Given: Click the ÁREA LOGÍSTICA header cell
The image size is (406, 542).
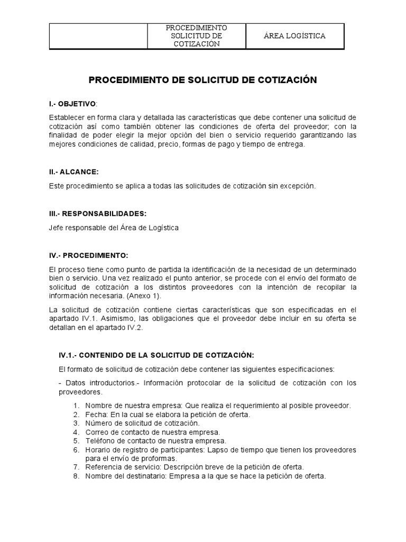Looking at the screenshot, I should click(x=294, y=36).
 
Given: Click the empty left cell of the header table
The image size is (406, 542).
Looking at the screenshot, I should click(x=98, y=36).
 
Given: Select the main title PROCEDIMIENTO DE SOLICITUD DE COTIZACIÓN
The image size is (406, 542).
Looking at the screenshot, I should click(x=202, y=80).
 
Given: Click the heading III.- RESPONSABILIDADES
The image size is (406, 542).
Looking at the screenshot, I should click(x=98, y=213).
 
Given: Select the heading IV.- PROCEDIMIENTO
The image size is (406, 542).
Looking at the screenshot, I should click(x=89, y=255).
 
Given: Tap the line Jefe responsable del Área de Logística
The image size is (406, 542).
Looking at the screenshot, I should click(x=114, y=228).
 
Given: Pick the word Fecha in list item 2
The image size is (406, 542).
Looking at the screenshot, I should click(x=94, y=414).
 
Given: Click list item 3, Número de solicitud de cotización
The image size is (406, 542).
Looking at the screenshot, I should click(x=142, y=423).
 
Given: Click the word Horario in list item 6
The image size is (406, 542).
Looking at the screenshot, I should click(x=98, y=449).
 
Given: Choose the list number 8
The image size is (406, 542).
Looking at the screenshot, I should click(x=76, y=475).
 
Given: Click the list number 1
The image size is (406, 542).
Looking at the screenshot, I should click(x=76, y=406).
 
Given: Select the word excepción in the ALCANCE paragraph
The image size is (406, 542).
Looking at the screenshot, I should click(x=297, y=186).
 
